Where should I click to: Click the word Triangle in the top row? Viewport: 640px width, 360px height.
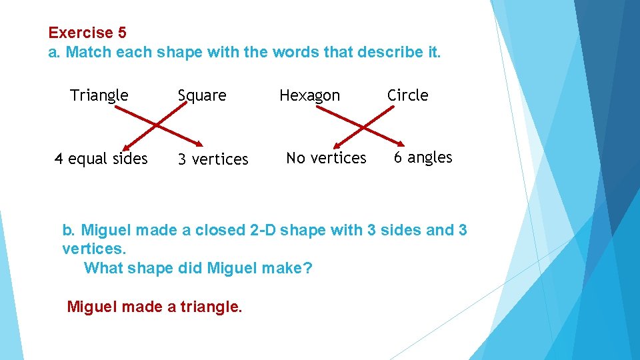pos(99,95)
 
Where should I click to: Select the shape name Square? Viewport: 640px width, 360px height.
pos(202,96)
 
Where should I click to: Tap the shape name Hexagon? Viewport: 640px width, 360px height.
pos(309,96)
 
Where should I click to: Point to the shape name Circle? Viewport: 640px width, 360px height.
pos(408,95)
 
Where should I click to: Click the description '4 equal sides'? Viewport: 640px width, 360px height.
pos(101,159)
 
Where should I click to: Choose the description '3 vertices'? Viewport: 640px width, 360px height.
pos(213,159)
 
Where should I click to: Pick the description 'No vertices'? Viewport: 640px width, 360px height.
pos(326,158)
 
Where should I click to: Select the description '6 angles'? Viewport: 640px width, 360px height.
pos(423,157)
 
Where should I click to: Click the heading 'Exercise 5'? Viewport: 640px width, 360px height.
pos(87,32)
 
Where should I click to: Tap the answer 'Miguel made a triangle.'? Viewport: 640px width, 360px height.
pos(155,307)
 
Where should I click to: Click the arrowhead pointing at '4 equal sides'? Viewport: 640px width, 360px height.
pos(125,145)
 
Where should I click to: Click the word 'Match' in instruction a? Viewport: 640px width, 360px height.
pos(89,52)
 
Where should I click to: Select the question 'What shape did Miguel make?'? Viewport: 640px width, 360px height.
pos(198,269)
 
